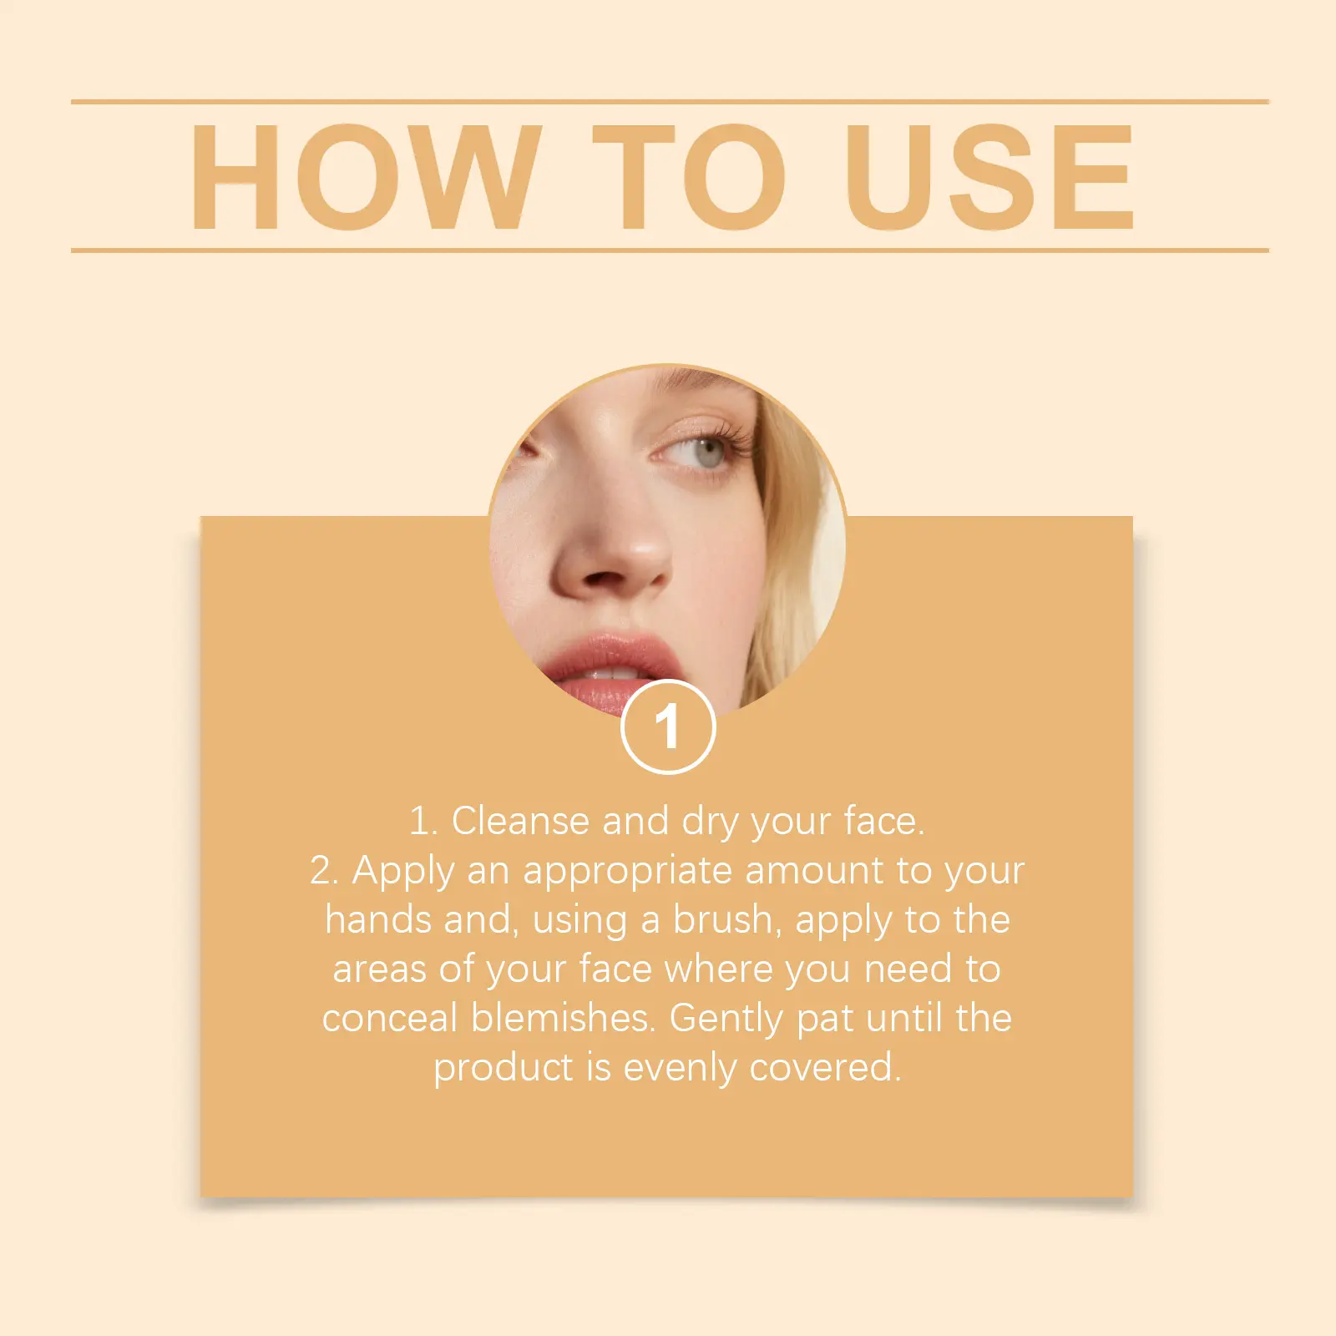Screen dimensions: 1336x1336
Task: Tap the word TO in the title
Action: (689, 176)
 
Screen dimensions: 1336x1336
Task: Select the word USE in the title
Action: (990, 176)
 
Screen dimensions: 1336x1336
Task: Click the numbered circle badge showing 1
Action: (668, 727)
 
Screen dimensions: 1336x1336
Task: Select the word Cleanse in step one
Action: (520, 821)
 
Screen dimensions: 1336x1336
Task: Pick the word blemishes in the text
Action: (562, 1018)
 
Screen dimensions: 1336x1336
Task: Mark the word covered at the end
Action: (826, 1067)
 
